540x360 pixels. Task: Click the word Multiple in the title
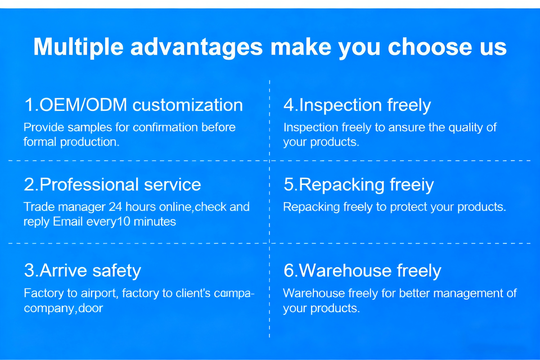79,47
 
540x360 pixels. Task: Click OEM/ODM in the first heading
83,105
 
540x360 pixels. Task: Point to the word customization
188,105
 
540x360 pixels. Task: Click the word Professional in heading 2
89,184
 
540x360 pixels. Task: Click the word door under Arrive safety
91,308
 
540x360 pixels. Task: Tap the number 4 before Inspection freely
289,105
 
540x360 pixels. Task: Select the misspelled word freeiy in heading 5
412,185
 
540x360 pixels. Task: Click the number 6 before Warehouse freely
289,271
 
